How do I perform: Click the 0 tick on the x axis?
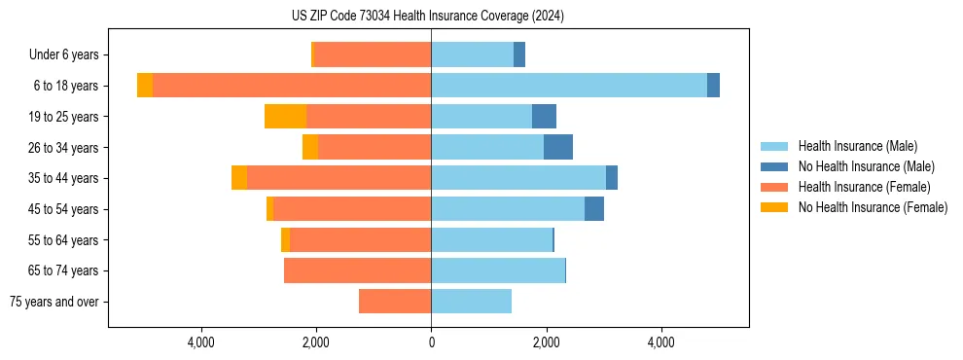click(431, 342)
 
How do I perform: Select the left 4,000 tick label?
click(201, 342)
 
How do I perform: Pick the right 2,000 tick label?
click(546, 342)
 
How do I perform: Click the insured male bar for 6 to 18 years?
click(569, 86)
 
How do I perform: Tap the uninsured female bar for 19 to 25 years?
click(285, 117)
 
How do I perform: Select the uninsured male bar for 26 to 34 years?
click(558, 147)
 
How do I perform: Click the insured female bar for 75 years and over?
click(395, 302)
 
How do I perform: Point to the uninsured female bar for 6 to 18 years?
click(145, 86)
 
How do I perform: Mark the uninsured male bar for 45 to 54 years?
click(594, 209)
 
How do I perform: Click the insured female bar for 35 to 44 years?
click(339, 178)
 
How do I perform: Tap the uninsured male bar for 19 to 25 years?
click(544, 117)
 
